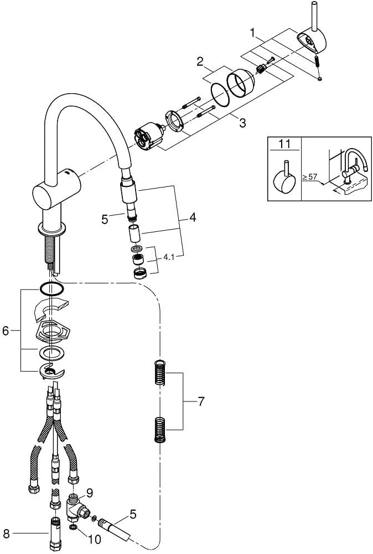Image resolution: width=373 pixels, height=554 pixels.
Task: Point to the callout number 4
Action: click(x=192, y=218)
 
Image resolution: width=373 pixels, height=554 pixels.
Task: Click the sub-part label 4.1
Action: click(x=169, y=257)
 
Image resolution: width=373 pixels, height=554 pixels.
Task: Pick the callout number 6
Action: click(x=7, y=331)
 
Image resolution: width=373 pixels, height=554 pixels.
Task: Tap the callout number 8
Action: click(x=7, y=535)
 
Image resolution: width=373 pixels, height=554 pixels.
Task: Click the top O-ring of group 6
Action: click(x=51, y=288)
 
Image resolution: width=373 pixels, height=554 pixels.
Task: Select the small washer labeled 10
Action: click(x=74, y=533)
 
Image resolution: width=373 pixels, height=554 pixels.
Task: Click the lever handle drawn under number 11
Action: click(x=284, y=177)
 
